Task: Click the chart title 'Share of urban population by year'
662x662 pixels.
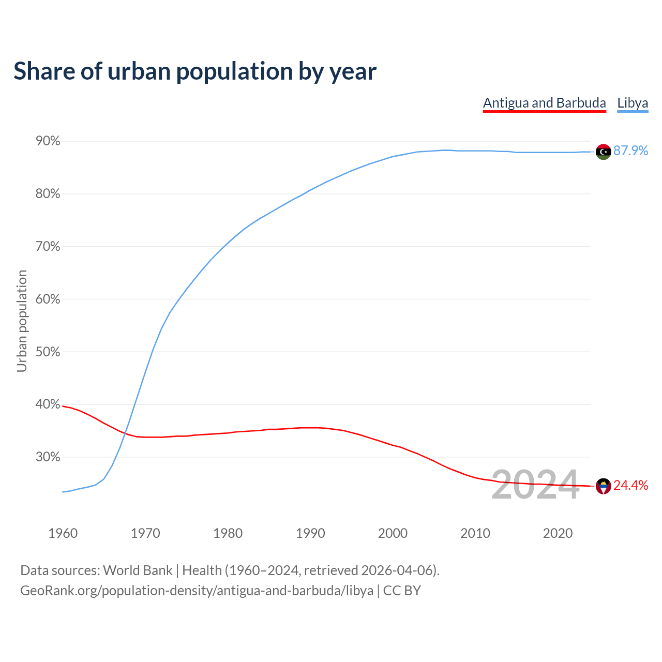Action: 195,71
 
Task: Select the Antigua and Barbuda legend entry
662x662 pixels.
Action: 544,103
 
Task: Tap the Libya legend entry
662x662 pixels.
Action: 633,103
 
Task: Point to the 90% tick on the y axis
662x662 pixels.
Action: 48,141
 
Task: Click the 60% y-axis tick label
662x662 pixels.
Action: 48,299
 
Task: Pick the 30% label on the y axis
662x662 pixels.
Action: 48,457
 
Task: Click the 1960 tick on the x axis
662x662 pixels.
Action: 63,533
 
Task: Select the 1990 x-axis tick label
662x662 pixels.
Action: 310,533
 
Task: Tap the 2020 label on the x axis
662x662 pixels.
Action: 558,533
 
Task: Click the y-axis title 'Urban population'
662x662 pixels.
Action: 22,321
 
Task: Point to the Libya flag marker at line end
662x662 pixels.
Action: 603,152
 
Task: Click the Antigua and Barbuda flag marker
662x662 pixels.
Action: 603,486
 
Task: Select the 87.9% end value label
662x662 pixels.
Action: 630,151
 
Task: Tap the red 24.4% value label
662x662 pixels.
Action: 630,486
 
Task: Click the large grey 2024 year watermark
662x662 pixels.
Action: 535,485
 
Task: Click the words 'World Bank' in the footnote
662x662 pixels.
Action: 138,570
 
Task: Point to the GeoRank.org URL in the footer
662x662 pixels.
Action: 197,591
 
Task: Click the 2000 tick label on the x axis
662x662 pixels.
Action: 393,533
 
